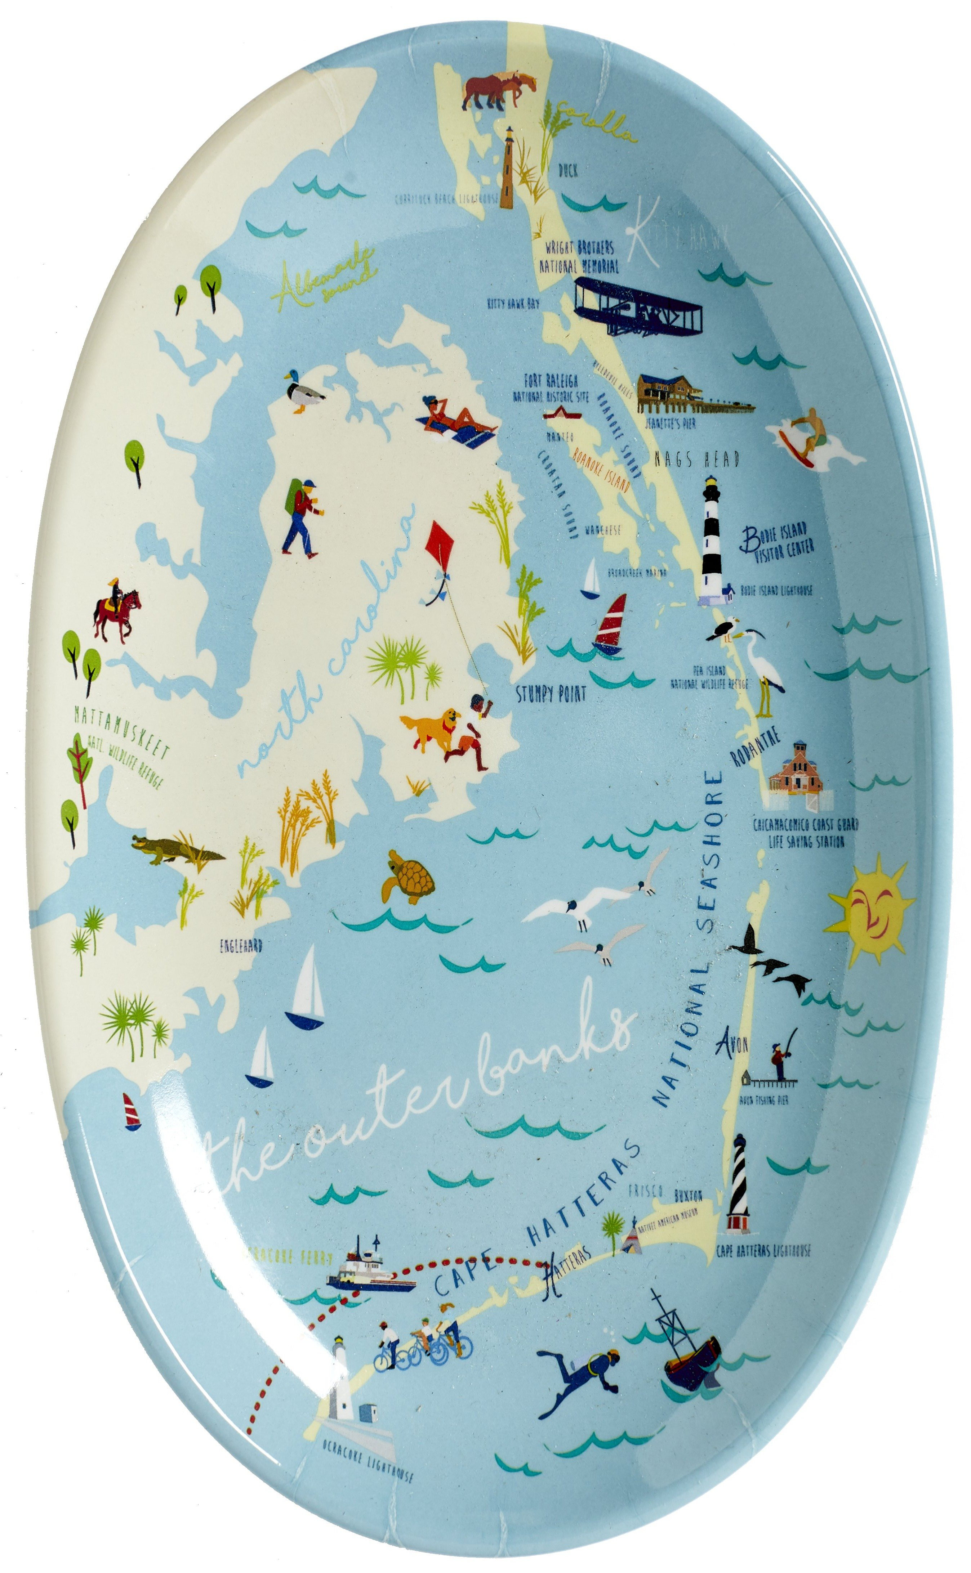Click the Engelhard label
pyautogui.click(x=241, y=945)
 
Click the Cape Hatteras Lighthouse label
pyautogui.click(x=763, y=1250)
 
